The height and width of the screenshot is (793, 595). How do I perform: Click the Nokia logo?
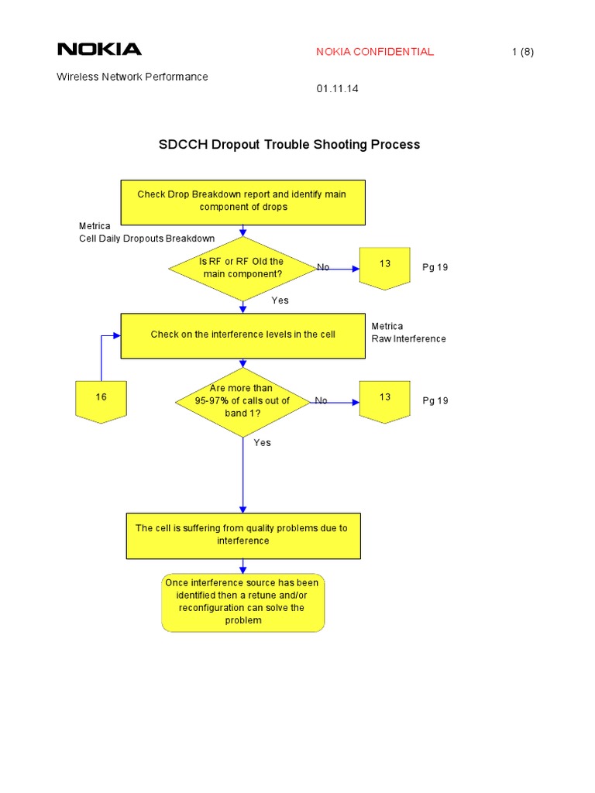click(x=99, y=50)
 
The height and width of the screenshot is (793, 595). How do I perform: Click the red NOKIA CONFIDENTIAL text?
click(x=375, y=52)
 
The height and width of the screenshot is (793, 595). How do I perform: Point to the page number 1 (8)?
click(x=523, y=52)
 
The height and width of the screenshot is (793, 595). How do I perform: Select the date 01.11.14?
click(x=337, y=89)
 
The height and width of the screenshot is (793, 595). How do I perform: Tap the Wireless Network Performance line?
click(x=132, y=77)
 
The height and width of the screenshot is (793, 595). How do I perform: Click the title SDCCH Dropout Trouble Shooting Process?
click(x=289, y=144)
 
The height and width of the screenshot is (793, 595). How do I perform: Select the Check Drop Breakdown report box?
click(x=242, y=201)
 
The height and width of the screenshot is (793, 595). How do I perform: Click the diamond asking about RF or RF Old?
click(x=242, y=268)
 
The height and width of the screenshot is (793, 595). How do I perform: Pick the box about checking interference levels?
click(x=242, y=335)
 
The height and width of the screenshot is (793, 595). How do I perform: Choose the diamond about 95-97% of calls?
click(x=242, y=401)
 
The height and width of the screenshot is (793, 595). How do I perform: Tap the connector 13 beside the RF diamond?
click(x=385, y=268)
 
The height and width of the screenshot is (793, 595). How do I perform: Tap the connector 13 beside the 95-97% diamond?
click(x=385, y=400)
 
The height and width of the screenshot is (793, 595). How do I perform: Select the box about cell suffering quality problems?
click(x=242, y=534)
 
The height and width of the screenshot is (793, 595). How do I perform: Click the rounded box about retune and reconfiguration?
click(x=242, y=602)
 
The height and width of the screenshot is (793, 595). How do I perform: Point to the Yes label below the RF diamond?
click(x=280, y=300)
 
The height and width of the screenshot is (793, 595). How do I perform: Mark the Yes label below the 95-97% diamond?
click(x=263, y=442)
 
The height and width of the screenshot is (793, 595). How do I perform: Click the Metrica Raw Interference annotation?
click(x=408, y=332)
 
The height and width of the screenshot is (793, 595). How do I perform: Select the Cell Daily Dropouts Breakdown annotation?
click(x=146, y=238)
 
